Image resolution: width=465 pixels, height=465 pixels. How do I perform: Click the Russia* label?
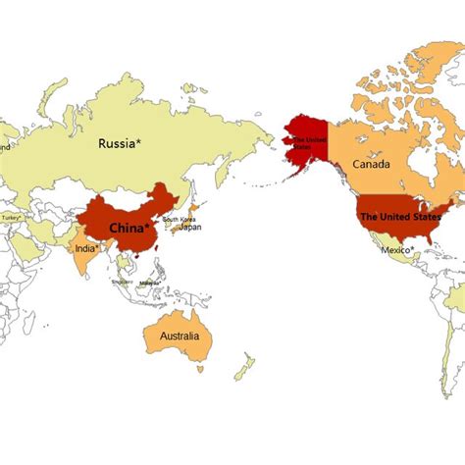coord(120,143)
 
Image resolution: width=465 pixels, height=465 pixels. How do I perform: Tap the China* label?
coord(130,229)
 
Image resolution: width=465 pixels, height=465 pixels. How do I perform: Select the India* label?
coord(87,247)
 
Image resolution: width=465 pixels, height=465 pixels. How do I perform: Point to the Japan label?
coord(190,227)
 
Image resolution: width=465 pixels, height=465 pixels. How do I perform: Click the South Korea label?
coord(180,219)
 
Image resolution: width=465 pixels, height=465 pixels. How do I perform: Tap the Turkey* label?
coord(12,218)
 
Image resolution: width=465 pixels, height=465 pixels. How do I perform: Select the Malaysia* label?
coord(148,283)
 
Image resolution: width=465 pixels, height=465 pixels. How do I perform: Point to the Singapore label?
coord(122,282)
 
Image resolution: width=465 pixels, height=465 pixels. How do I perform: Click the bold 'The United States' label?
coord(397,216)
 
